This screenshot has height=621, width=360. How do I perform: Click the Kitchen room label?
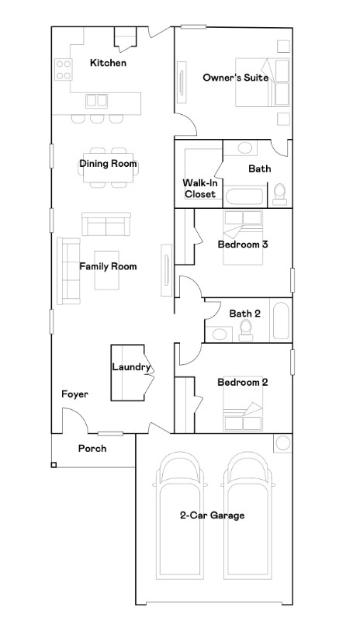point(108,63)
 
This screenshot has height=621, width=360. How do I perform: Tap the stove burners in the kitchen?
point(64,69)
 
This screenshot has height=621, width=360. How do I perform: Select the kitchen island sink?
point(97,101)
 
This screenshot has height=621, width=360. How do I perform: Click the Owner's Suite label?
point(235,77)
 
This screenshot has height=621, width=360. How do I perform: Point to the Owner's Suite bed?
point(262,82)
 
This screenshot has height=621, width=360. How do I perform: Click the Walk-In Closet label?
point(200,189)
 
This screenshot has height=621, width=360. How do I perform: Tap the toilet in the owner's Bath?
point(279,194)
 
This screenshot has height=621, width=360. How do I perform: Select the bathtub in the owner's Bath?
point(244,196)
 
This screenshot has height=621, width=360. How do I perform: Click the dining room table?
point(108,167)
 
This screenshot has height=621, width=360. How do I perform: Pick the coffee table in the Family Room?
point(107,270)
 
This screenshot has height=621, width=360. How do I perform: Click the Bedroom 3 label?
point(243,244)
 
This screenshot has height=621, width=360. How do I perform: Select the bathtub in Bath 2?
point(281,321)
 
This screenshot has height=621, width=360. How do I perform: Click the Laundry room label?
point(131,367)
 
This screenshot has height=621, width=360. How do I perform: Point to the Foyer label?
point(74,394)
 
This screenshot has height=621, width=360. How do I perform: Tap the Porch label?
point(92,449)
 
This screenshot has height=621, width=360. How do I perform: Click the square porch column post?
point(54,465)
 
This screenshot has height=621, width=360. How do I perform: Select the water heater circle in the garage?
point(282,443)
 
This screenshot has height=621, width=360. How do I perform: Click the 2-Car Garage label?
point(213,515)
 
